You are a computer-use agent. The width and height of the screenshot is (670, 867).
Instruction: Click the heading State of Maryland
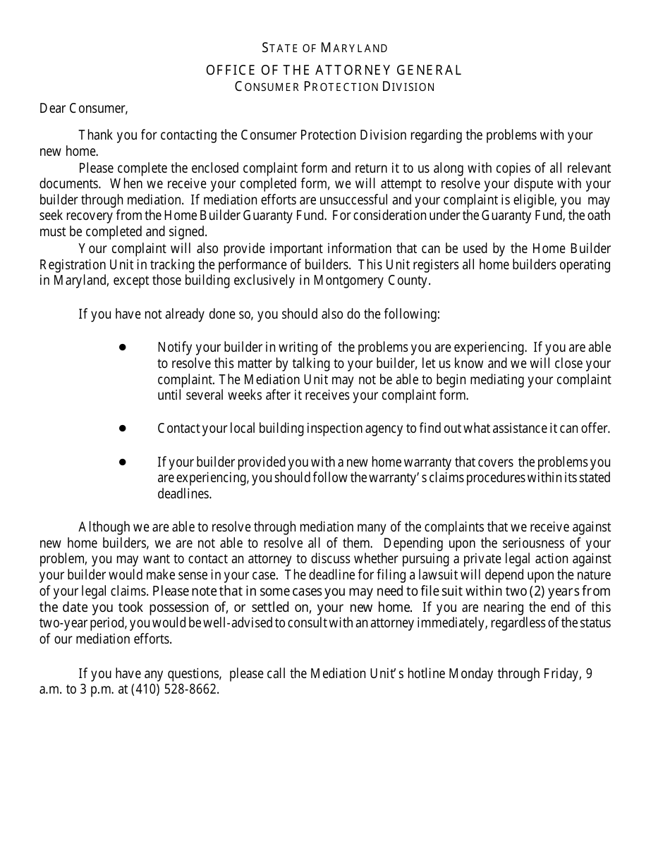tap(325, 49)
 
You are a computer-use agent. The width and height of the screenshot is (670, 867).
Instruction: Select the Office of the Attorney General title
tap(334, 70)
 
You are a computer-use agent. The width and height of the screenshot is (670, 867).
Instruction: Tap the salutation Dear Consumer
tap(84, 109)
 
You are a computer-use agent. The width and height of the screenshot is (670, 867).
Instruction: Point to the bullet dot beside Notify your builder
tap(122, 348)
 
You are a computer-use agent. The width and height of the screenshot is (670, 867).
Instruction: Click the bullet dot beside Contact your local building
tap(122, 428)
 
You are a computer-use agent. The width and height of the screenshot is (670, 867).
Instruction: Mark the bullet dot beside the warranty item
tap(122, 462)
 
